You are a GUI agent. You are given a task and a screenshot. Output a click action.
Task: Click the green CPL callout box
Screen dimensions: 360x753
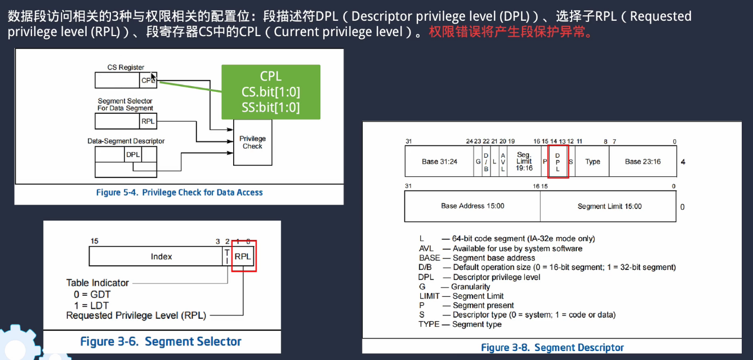(x=270, y=92)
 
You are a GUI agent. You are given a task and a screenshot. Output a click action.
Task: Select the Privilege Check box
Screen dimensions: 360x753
(x=252, y=143)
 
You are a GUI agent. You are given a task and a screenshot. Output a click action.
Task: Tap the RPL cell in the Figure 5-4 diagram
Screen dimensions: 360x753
(x=148, y=121)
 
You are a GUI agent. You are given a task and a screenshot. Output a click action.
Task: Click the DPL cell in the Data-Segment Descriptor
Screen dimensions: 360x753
(x=133, y=154)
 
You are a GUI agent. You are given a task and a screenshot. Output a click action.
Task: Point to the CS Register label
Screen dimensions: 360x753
(x=126, y=68)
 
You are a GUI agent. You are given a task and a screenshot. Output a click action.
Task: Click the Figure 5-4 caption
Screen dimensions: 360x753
(x=179, y=193)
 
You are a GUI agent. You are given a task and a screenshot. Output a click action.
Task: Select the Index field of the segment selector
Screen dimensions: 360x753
(x=161, y=256)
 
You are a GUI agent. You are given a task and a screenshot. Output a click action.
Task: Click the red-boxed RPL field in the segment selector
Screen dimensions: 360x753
(x=244, y=256)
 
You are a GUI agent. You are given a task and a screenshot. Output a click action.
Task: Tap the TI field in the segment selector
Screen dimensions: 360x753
(x=227, y=256)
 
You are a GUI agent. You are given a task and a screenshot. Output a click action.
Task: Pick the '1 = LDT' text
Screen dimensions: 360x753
(x=92, y=305)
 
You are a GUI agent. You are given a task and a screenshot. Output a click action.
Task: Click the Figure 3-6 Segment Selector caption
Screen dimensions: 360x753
(x=161, y=341)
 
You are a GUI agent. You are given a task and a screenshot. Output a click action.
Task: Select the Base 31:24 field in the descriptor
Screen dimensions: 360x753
(x=439, y=162)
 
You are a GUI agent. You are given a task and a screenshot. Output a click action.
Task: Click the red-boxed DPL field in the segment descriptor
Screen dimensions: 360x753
(x=558, y=162)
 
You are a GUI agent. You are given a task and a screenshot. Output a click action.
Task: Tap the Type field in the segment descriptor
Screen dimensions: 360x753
(x=592, y=162)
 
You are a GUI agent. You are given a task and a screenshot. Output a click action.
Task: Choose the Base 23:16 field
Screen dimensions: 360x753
(x=643, y=162)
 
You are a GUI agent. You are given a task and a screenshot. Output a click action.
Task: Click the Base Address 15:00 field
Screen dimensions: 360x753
(x=473, y=206)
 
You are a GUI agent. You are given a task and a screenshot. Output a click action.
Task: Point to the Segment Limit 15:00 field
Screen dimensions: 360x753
(x=609, y=206)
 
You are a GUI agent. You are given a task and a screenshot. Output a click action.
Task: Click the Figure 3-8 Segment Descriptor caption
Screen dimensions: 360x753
(x=552, y=348)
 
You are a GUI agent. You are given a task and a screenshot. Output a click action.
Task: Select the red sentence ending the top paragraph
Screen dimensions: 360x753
(x=511, y=32)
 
